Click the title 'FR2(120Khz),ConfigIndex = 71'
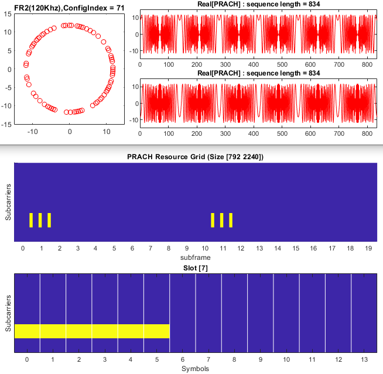click(x=69, y=6)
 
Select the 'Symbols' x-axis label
click(x=194, y=369)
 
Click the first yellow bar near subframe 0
click(x=31, y=220)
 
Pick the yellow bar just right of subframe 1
click(x=49, y=220)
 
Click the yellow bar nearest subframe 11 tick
click(x=222, y=220)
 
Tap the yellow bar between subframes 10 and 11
click(x=213, y=220)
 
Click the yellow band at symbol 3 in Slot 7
click(x=105, y=331)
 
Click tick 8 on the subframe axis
click(x=169, y=249)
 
